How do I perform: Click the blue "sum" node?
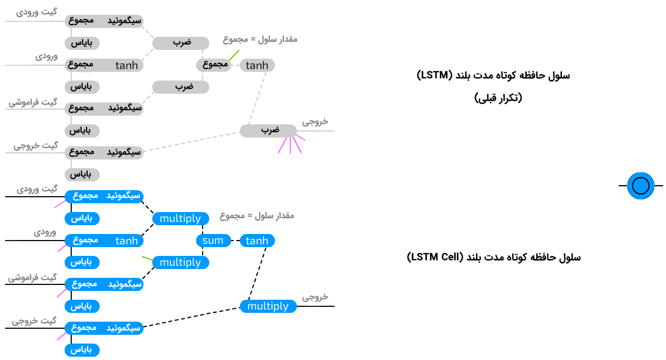click(x=213, y=241)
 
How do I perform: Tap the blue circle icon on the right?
click(x=640, y=186)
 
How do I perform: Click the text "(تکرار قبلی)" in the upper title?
click(x=498, y=98)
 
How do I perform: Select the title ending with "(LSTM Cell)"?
click(x=493, y=257)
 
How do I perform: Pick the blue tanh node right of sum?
click(x=257, y=241)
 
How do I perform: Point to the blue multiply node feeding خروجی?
click(x=268, y=306)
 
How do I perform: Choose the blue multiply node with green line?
click(x=180, y=262)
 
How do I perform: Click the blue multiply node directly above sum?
click(x=180, y=219)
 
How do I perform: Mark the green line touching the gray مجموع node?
click(x=234, y=55)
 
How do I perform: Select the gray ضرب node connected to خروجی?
click(x=268, y=130)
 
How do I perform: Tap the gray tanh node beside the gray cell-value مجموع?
click(x=257, y=65)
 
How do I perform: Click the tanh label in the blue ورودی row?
click(x=127, y=241)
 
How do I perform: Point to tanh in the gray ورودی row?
click(x=127, y=65)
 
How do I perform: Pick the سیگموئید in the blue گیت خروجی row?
click(x=123, y=328)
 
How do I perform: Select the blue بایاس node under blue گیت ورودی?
click(x=82, y=219)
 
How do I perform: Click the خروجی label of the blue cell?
click(x=315, y=297)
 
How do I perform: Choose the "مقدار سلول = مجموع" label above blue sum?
click(x=257, y=216)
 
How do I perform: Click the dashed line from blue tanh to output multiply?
click(x=257, y=274)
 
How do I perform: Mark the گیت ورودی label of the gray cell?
click(x=37, y=11)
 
